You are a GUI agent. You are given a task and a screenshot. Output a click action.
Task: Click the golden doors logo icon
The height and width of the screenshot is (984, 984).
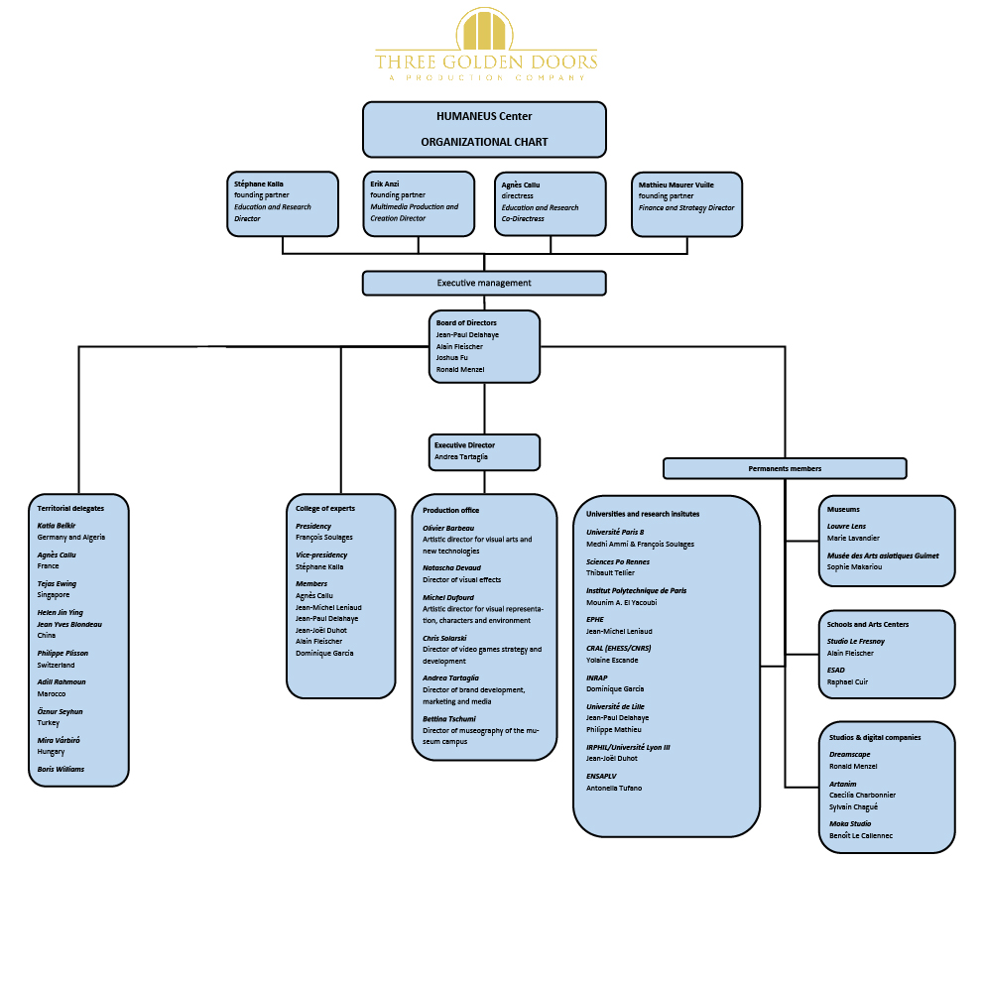(x=484, y=29)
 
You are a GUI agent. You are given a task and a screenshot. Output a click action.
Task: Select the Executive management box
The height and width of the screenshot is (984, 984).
(x=484, y=283)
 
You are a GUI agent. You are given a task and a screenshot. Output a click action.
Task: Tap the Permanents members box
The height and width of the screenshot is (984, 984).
(x=785, y=469)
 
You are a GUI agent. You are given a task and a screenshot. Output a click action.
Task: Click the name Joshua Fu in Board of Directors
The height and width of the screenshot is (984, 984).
(x=452, y=358)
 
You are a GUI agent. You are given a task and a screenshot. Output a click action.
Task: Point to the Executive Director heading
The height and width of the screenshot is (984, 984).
(x=464, y=445)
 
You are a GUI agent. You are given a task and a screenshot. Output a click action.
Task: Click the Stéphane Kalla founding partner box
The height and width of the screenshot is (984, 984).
(x=283, y=204)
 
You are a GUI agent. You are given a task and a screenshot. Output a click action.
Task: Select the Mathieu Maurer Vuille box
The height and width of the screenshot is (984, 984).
(x=686, y=204)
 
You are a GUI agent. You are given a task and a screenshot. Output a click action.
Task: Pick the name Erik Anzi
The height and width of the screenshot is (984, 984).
(x=385, y=184)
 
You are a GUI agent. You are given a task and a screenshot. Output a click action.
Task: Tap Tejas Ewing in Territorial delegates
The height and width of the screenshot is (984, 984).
(x=57, y=583)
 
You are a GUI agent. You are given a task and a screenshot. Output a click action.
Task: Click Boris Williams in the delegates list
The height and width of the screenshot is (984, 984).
(x=61, y=769)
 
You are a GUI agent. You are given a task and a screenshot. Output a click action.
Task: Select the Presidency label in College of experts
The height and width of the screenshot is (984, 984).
(x=313, y=526)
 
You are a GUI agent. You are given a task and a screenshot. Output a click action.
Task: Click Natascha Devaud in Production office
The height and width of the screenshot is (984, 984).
(x=452, y=568)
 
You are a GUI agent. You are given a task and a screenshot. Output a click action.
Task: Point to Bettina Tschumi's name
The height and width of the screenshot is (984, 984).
(x=449, y=719)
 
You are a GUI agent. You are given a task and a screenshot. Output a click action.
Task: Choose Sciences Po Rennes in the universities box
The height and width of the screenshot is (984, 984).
(x=618, y=561)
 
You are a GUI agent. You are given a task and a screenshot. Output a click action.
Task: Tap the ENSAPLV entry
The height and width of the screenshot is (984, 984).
(x=601, y=777)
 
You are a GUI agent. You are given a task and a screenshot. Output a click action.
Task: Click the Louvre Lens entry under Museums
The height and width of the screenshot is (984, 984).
(x=846, y=527)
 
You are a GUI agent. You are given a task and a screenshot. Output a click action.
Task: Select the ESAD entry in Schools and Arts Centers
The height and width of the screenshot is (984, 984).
(x=836, y=671)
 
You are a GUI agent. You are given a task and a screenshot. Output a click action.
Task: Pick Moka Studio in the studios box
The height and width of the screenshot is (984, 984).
(x=850, y=824)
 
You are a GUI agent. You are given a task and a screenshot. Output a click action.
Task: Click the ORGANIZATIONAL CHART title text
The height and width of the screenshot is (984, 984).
(x=484, y=143)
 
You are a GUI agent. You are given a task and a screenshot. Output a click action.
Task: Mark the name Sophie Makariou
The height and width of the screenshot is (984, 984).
(x=854, y=567)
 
